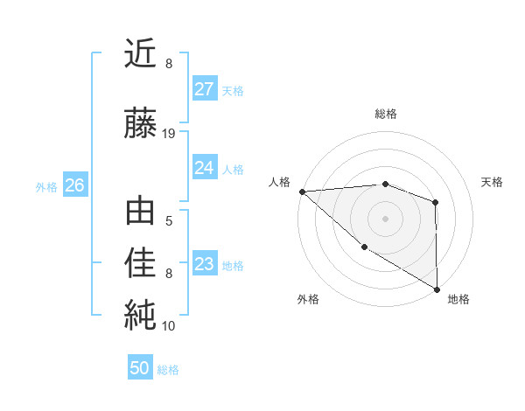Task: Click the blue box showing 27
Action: (204, 89)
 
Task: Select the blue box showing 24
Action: (204, 168)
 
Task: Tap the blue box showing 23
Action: (204, 264)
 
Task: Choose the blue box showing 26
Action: (74, 185)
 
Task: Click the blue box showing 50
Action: (140, 368)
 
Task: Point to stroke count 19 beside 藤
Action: (170, 134)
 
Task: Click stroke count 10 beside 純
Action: (169, 326)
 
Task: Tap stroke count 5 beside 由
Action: (169, 221)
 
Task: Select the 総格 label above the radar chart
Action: (385, 114)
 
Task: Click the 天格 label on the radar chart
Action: (493, 182)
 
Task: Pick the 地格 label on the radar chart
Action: (458, 299)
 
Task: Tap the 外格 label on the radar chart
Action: (308, 299)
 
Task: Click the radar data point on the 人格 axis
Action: (302, 192)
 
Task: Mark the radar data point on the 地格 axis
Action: (436, 289)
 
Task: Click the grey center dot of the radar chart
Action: (385, 219)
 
